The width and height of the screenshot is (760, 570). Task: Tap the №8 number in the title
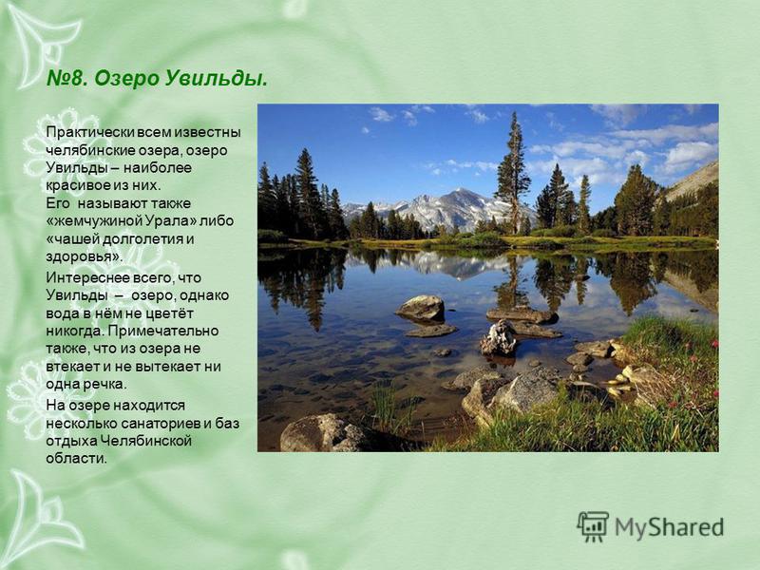click(66, 78)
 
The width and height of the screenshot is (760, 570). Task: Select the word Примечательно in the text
click(162, 331)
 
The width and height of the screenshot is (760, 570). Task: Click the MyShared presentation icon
click(592, 527)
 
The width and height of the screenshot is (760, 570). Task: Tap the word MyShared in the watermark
click(670, 527)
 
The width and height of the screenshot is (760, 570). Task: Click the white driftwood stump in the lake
click(498, 338)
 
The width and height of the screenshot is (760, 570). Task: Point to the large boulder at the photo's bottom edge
click(322, 433)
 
